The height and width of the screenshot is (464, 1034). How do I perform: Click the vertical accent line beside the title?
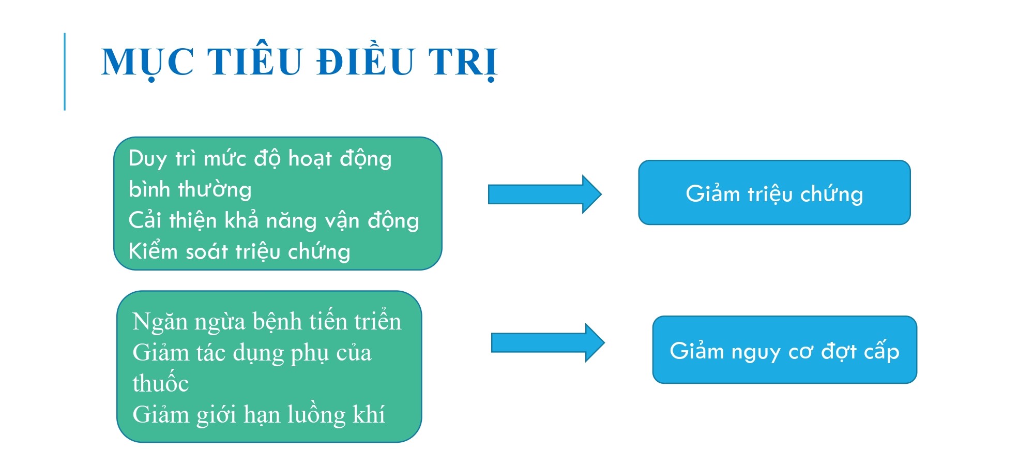point(65,71)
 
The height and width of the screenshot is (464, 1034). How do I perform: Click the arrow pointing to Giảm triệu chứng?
point(545,194)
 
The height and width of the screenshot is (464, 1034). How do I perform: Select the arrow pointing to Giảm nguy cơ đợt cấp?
point(548,342)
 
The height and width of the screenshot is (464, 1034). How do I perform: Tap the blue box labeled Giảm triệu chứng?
point(774,192)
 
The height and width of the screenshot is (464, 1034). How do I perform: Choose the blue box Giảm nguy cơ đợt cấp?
point(785,350)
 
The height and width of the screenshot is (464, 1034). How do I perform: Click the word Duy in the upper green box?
point(147,159)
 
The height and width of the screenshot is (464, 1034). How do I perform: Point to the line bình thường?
point(190,189)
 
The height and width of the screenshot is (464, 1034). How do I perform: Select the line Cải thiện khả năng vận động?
point(273,221)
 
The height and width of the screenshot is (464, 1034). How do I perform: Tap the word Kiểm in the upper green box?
point(153,251)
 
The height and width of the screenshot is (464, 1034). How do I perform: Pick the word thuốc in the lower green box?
point(161,383)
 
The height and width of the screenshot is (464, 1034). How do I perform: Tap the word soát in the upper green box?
point(207,251)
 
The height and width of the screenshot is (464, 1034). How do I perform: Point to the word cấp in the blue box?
point(881,351)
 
